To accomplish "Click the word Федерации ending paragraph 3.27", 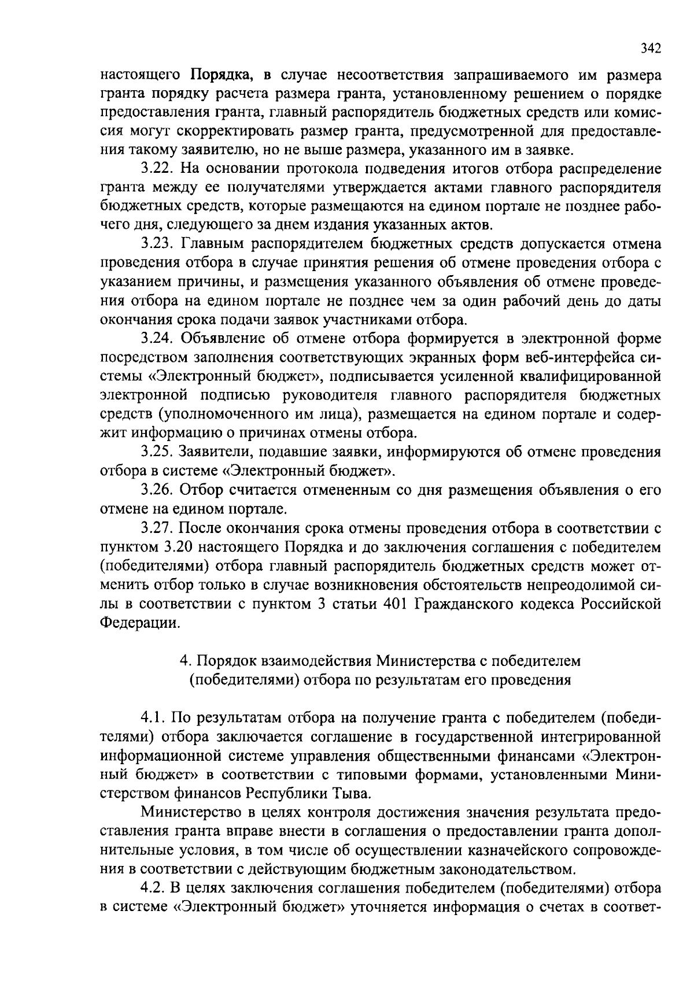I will tap(136, 623).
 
